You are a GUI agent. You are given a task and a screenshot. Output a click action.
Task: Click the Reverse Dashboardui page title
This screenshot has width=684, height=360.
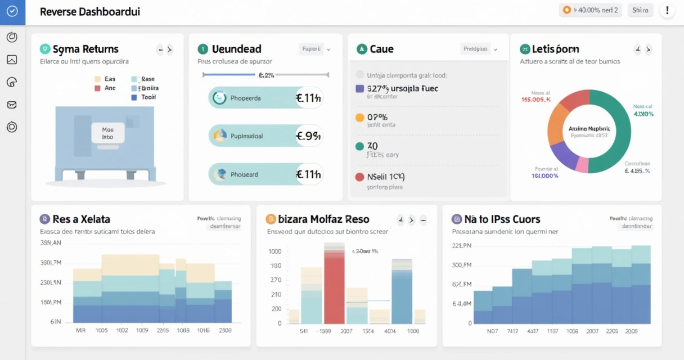tap(90, 11)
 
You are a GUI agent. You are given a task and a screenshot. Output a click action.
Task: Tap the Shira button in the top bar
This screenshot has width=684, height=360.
tap(640, 10)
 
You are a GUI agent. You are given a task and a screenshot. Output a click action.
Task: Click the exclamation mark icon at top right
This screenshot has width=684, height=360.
tap(667, 10)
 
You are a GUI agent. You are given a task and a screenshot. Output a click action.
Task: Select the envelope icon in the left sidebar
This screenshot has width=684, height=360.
tap(12, 105)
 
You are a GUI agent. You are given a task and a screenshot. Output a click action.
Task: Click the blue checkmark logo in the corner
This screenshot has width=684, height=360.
tap(12, 11)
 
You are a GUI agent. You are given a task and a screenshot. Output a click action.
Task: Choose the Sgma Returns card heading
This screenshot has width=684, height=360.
tap(85, 49)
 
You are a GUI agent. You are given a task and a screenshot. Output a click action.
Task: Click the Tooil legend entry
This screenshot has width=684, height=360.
tap(148, 97)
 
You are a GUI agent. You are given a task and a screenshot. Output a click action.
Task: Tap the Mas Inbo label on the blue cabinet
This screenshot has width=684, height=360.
tap(107, 133)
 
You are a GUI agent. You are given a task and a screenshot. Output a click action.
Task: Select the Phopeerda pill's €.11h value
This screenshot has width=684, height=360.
tap(308, 98)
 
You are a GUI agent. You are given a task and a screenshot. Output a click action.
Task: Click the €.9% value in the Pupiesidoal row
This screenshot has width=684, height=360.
tap(308, 136)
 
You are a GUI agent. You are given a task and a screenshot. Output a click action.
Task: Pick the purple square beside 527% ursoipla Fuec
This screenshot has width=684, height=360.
tap(360, 88)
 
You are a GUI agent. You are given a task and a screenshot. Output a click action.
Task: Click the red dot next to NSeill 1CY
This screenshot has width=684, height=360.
tap(360, 177)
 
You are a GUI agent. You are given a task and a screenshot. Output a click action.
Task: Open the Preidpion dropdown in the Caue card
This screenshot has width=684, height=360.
tap(479, 49)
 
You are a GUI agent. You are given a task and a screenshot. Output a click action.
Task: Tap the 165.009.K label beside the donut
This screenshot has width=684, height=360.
tap(535, 100)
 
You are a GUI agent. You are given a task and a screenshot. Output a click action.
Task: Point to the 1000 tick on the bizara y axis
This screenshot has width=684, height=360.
tap(274, 252)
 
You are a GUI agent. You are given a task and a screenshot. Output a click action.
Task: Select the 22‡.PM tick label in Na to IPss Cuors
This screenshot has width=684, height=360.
tap(461, 246)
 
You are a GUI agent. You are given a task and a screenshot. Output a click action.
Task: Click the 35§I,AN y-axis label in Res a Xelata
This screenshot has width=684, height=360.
tap(51, 244)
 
